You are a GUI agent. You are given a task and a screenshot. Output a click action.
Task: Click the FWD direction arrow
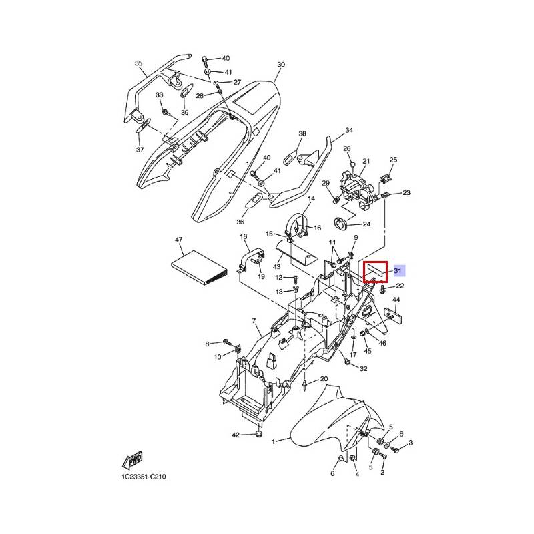[x=132, y=461]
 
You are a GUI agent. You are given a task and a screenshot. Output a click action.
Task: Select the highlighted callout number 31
[x=396, y=270]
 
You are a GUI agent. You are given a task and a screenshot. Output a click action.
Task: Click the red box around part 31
[x=374, y=272]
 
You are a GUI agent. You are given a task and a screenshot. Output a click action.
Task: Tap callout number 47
[x=178, y=239]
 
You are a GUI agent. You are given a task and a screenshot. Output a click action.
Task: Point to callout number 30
[x=281, y=65]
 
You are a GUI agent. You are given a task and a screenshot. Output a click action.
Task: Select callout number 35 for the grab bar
[x=139, y=64]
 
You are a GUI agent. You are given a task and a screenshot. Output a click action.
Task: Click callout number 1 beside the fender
[x=273, y=442]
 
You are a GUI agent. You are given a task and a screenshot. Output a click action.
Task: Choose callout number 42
[x=235, y=435]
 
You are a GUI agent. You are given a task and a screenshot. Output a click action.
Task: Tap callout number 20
[x=324, y=379]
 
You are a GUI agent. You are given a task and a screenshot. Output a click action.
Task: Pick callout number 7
[x=254, y=322]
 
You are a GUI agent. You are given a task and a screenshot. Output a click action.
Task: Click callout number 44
[x=396, y=300]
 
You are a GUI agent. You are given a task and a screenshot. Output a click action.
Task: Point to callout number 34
[x=348, y=130]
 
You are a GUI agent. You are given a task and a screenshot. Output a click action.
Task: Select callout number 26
[x=346, y=148]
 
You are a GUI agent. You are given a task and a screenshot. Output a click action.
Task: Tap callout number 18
[x=243, y=237]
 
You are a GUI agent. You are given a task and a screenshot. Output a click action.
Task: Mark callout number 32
[x=363, y=368]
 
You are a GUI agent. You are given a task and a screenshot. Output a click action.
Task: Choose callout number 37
[x=140, y=150]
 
